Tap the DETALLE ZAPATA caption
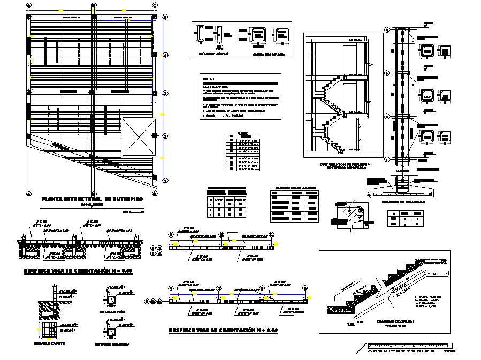(50, 343)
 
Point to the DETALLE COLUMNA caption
(112, 344)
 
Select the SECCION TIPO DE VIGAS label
(266, 54)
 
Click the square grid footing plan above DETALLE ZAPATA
(50, 330)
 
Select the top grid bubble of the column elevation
(387, 30)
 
